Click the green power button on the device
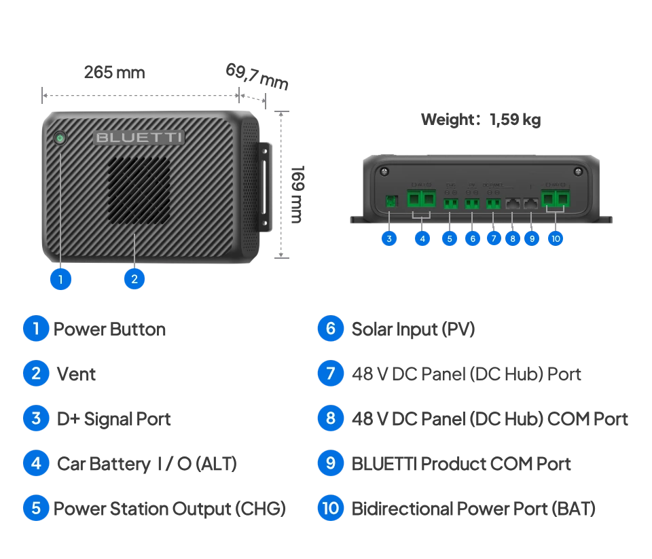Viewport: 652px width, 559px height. (60, 138)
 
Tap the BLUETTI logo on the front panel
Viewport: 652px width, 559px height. (139, 137)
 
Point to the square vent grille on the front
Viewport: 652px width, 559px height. (139, 191)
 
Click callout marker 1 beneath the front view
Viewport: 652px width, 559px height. (60, 278)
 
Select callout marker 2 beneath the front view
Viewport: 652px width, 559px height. (134, 278)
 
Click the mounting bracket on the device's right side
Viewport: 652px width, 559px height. (264, 187)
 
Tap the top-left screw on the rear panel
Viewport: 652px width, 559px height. (384, 170)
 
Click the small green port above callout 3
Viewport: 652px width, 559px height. (390, 201)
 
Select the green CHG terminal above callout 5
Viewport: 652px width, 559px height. (450, 202)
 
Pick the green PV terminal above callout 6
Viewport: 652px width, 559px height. (472, 202)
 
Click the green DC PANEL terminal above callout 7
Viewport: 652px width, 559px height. (493, 202)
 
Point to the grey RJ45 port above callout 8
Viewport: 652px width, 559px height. (513, 202)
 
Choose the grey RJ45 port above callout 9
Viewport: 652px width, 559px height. (530, 202)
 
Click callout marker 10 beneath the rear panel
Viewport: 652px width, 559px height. (556, 238)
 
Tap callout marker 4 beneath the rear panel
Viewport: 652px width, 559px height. (422, 238)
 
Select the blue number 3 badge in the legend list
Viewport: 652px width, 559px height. (35, 418)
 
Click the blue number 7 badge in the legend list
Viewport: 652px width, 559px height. (330, 373)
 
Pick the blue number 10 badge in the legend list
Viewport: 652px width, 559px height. (330, 508)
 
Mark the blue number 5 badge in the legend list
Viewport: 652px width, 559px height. (35, 508)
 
